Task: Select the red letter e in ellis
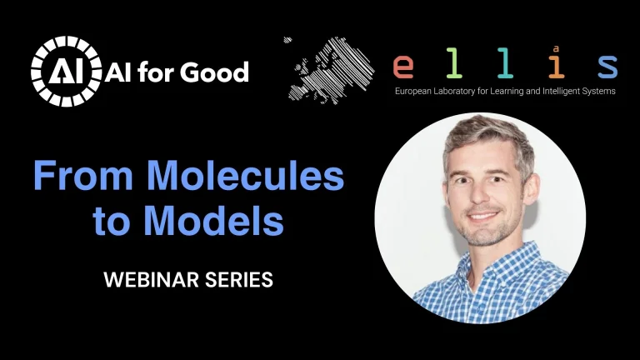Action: coord(405,65)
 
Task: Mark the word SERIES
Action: coord(242,281)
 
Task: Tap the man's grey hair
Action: coord(492,133)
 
